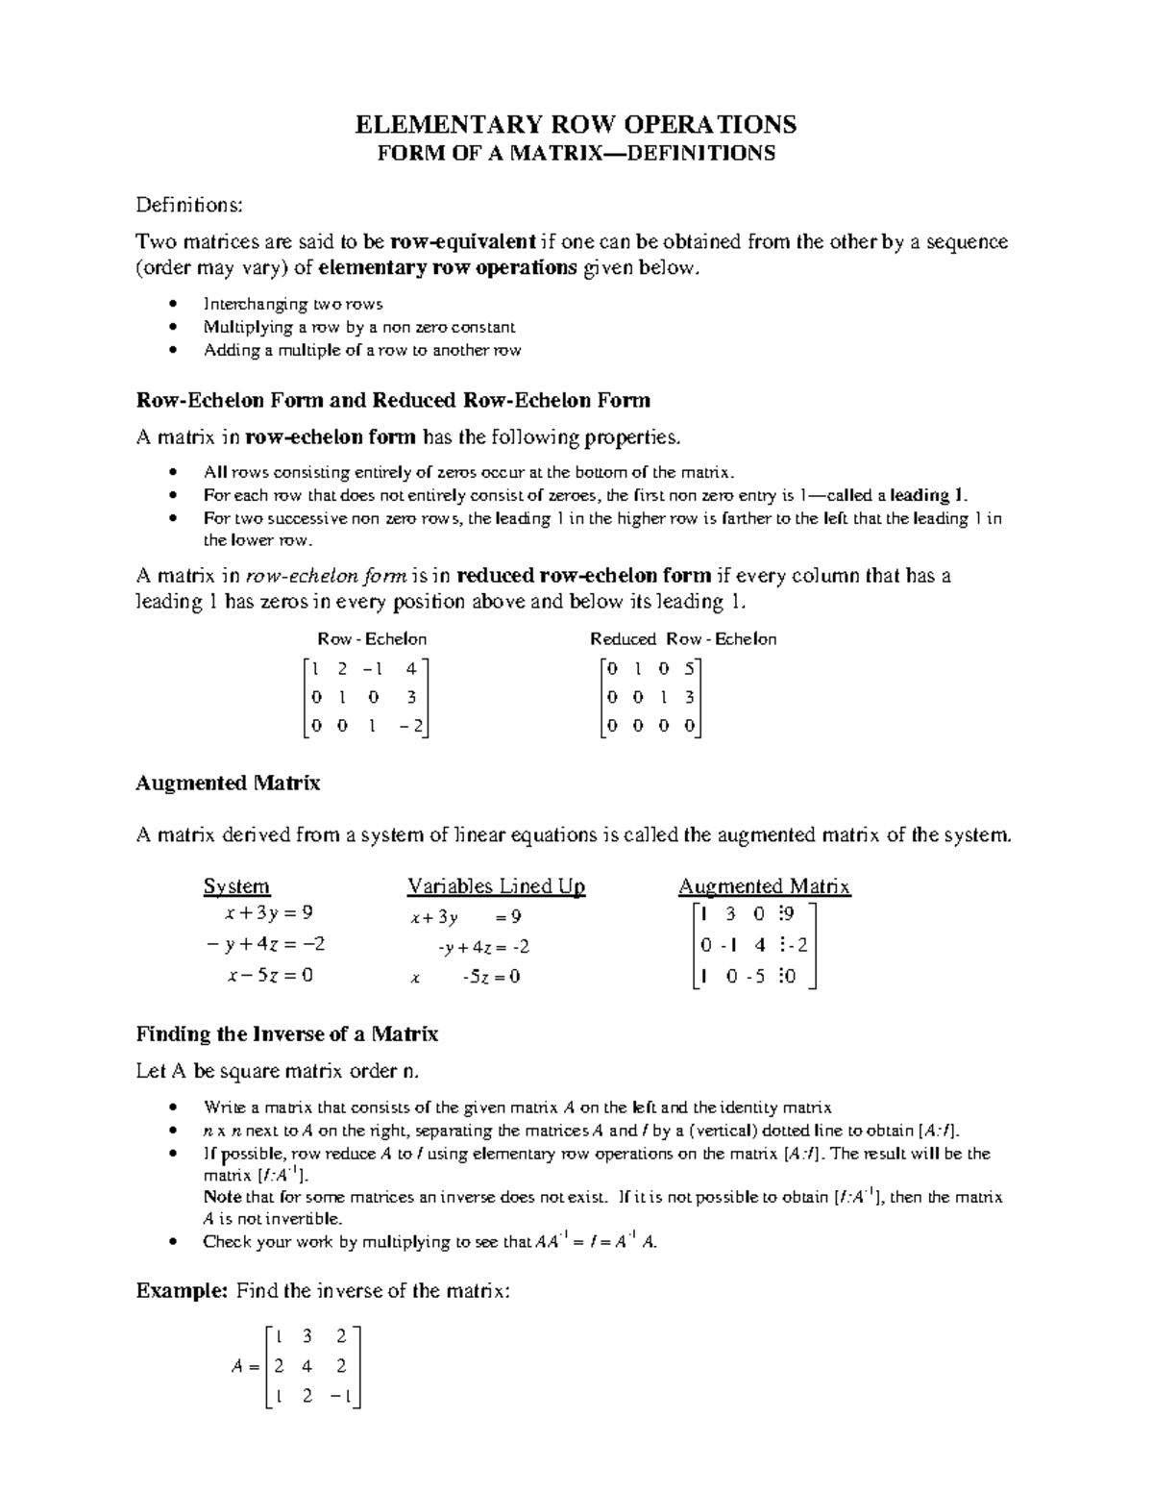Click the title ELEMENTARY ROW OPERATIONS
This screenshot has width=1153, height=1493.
coord(576,124)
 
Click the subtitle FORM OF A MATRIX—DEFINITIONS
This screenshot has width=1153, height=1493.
coord(576,154)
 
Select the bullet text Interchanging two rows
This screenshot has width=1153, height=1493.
coord(293,304)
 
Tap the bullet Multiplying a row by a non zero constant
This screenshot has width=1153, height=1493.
coord(359,327)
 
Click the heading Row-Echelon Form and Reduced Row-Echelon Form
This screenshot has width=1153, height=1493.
coord(393,400)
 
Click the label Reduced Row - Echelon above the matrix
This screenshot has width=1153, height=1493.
coord(682,639)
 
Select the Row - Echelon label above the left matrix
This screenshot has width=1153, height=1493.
coord(372,639)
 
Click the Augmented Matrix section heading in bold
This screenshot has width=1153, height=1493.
coord(228,783)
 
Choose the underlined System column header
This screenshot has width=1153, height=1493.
coord(236,886)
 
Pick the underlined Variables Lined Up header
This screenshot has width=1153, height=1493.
coord(496,886)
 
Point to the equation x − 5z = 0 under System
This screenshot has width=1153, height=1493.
coord(270,975)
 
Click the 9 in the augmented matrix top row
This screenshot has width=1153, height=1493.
coord(788,913)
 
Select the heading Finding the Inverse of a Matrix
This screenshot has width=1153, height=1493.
coord(286,1034)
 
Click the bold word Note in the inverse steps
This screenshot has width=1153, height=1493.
coord(222,1198)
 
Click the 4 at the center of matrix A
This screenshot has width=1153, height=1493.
coord(307,1366)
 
